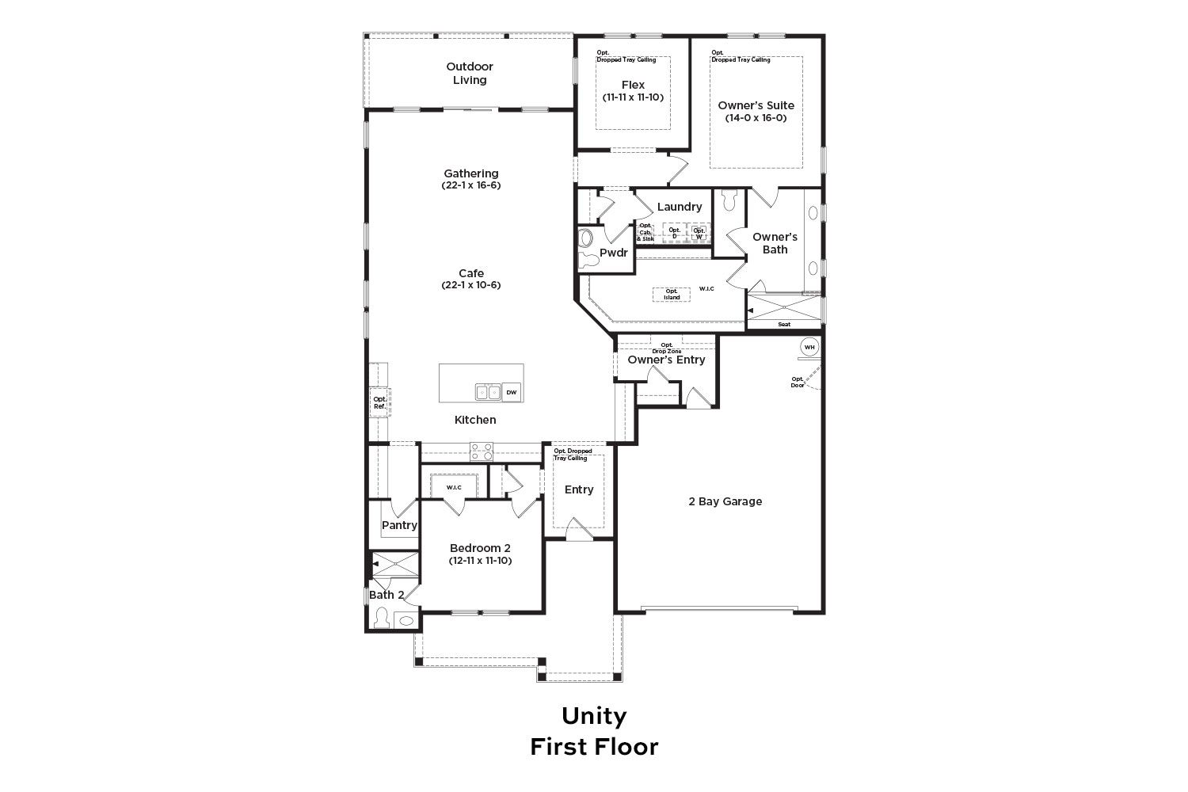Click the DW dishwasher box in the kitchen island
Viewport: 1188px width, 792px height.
[x=512, y=393]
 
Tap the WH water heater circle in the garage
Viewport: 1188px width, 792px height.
[x=809, y=348]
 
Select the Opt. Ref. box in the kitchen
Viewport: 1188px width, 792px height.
[x=379, y=402]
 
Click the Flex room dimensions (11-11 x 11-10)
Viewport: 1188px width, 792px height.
[x=633, y=97]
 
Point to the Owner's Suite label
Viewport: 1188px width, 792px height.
[x=756, y=105]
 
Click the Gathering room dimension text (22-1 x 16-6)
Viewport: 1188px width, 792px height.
[x=471, y=185]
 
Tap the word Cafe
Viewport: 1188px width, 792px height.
[x=471, y=273]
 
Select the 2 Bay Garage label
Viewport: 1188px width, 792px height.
[x=725, y=501]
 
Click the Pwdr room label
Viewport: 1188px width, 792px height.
[x=614, y=253]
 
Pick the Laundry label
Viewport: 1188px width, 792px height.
[x=680, y=207]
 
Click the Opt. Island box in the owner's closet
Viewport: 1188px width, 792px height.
[x=672, y=295]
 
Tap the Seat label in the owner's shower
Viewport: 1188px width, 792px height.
[x=784, y=324]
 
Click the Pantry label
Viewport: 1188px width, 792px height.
[x=399, y=525]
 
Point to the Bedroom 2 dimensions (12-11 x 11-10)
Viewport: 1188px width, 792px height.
[x=480, y=561]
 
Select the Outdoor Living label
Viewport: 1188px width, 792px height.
[x=470, y=73]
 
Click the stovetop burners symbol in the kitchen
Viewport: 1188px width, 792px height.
[x=481, y=451]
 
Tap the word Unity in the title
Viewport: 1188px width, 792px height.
[x=594, y=716]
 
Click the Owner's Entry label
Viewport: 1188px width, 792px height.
[x=666, y=360]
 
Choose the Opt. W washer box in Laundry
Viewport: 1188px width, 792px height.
[x=699, y=233]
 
